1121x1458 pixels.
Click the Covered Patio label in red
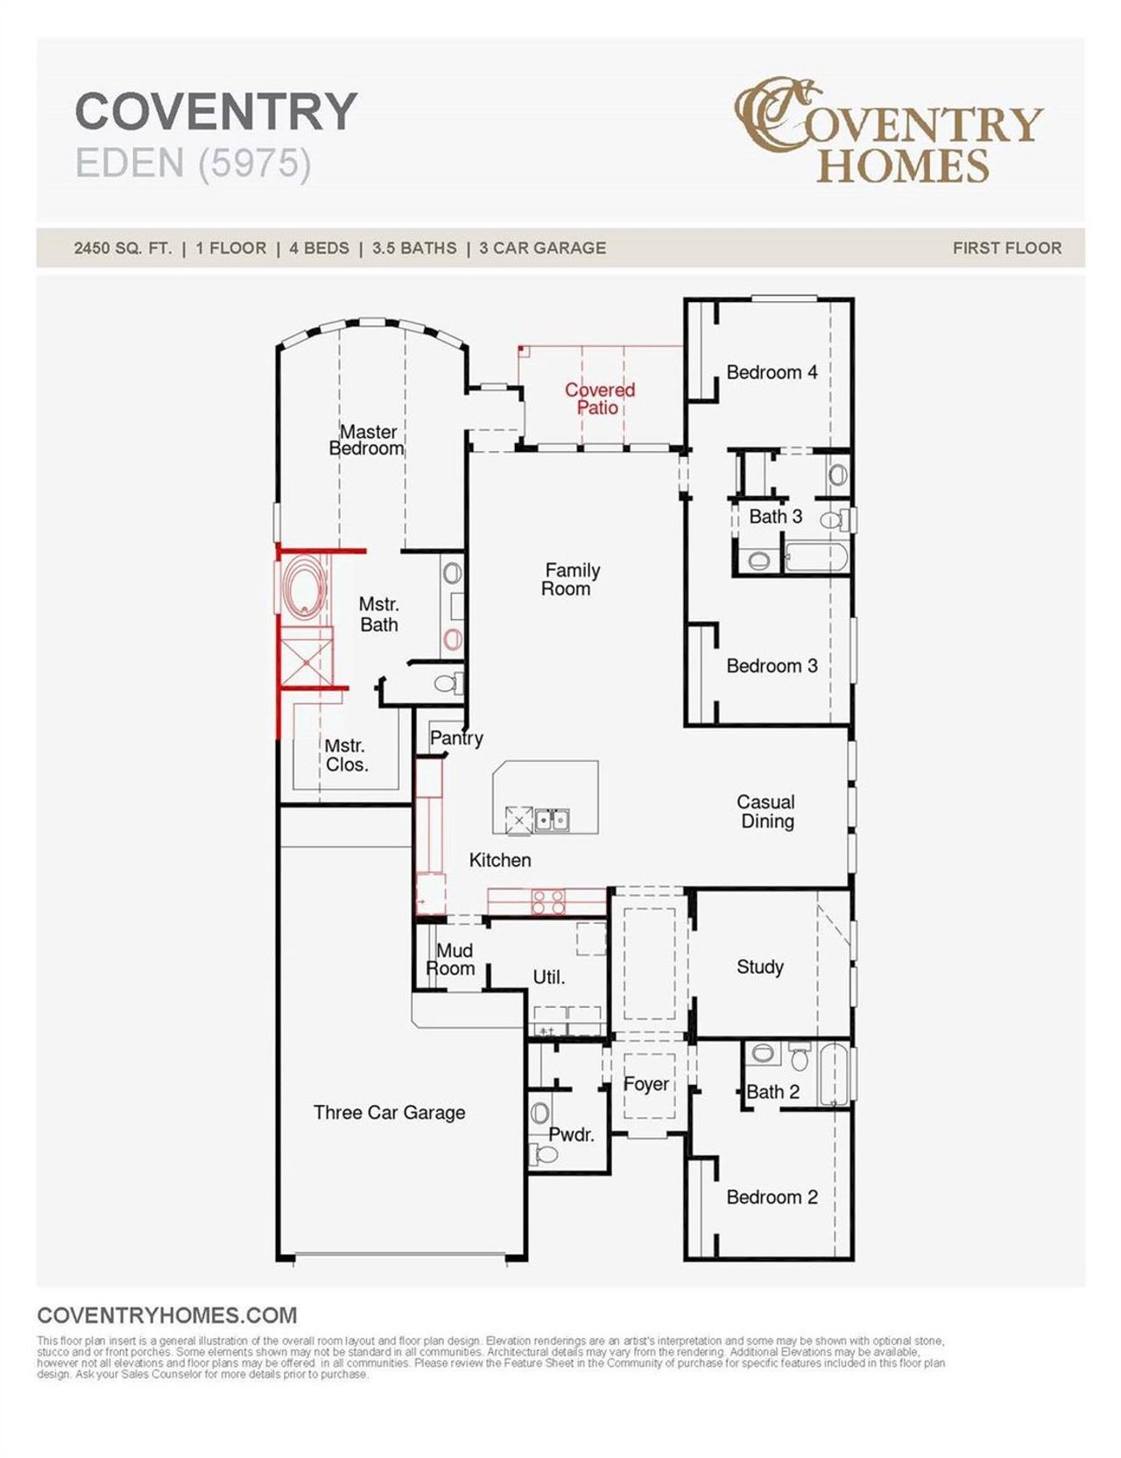[x=599, y=398]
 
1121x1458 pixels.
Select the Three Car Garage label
[x=389, y=1112]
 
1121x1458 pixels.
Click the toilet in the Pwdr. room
[x=546, y=1154]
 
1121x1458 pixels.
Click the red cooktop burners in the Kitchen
[x=548, y=902]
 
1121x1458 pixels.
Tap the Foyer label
[x=645, y=1084]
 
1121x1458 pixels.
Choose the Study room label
[x=759, y=967]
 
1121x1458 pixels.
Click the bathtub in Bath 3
[x=815, y=558]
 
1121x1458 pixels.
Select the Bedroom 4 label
[x=771, y=372]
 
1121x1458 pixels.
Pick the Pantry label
[x=455, y=738]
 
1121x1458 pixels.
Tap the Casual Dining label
[x=766, y=811]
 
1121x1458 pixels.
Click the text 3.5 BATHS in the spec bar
[x=413, y=248]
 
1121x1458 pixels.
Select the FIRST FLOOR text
[x=1006, y=248]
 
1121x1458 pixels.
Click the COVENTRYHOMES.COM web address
[x=167, y=1315]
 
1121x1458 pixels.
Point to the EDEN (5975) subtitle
[x=194, y=163]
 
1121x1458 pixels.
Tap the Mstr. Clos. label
[x=346, y=755]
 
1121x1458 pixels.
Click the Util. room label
[x=548, y=977]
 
